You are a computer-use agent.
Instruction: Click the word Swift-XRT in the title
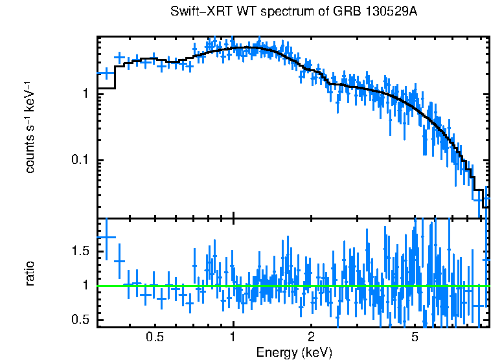196,12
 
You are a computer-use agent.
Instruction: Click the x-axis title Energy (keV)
294,353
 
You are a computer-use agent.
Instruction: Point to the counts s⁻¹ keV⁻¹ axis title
30,127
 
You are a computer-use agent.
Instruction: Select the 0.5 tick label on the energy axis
154,337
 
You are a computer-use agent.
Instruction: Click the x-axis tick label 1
233,337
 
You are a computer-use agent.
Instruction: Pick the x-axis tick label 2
311,337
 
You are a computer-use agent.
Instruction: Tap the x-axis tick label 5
415,337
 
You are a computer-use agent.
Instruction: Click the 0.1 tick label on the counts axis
79,161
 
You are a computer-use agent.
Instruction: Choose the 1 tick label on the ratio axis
84,286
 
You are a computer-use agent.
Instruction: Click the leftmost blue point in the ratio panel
106,237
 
